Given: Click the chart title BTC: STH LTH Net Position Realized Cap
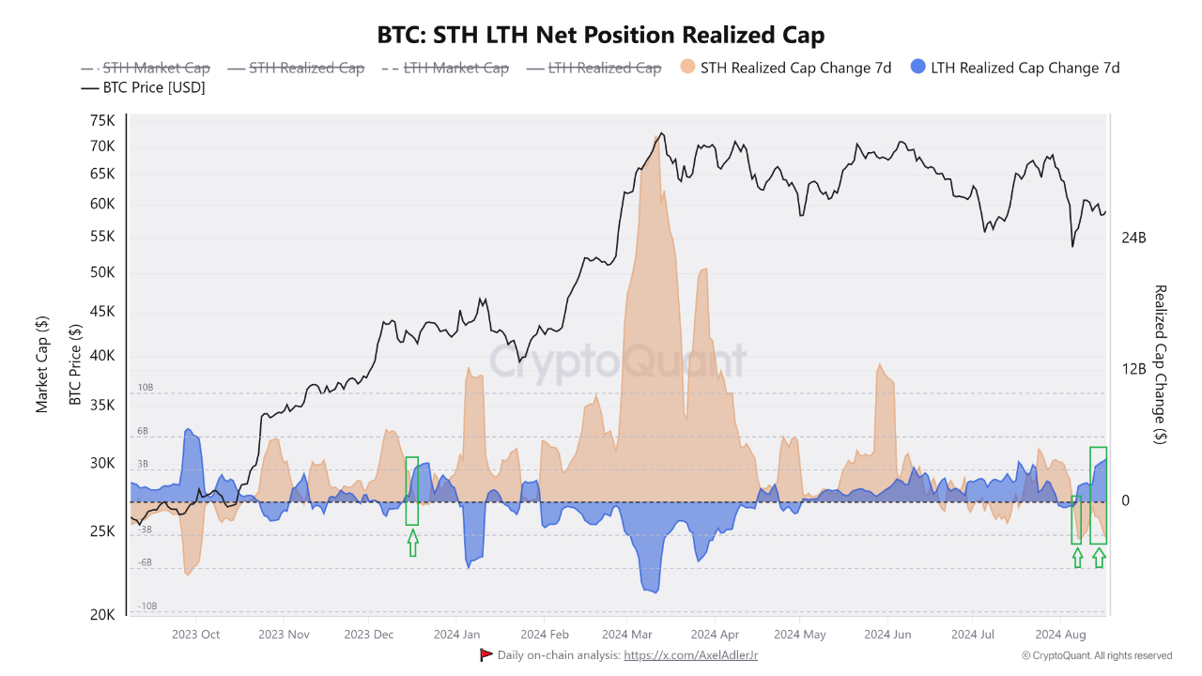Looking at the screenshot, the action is (x=600, y=36).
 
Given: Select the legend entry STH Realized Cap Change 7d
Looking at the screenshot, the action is (x=786, y=69).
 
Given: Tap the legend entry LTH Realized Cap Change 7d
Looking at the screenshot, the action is (x=1015, y=69).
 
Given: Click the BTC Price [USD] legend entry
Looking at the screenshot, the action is (x=143, y=87).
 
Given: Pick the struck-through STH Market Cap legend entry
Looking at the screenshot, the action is (x=145, y=69).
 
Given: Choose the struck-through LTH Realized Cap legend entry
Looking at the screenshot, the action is (x=593, y=69).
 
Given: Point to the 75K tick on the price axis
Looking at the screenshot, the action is (x=102, y=121).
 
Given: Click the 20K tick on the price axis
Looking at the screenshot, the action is (x=102, y=615).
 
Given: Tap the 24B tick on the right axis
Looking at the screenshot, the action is (x=1133, y=238).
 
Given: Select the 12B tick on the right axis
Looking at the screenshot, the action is (x=1133, y=369).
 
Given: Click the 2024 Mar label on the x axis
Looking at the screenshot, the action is (x=626, y=635).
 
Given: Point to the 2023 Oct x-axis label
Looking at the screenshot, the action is (x=195, y=635).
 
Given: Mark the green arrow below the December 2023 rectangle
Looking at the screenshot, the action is (x=412, y=543).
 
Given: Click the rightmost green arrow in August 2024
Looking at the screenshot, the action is (x=1099, y=558).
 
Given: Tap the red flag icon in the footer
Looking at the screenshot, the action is (x=485, y=655).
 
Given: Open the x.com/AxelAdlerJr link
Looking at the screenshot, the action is (x=690, y=655).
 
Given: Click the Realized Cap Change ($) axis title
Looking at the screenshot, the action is (x=1160, y=365).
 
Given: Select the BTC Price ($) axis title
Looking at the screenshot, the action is (x=75, y=365).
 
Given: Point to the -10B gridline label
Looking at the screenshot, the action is (x=147, y=607).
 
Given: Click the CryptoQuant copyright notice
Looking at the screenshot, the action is (x=1097, y=655).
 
